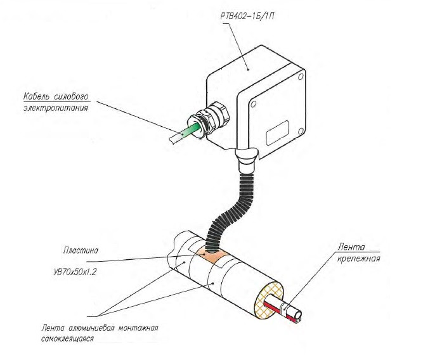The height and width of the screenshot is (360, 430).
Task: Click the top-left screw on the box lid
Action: click(253, 101)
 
